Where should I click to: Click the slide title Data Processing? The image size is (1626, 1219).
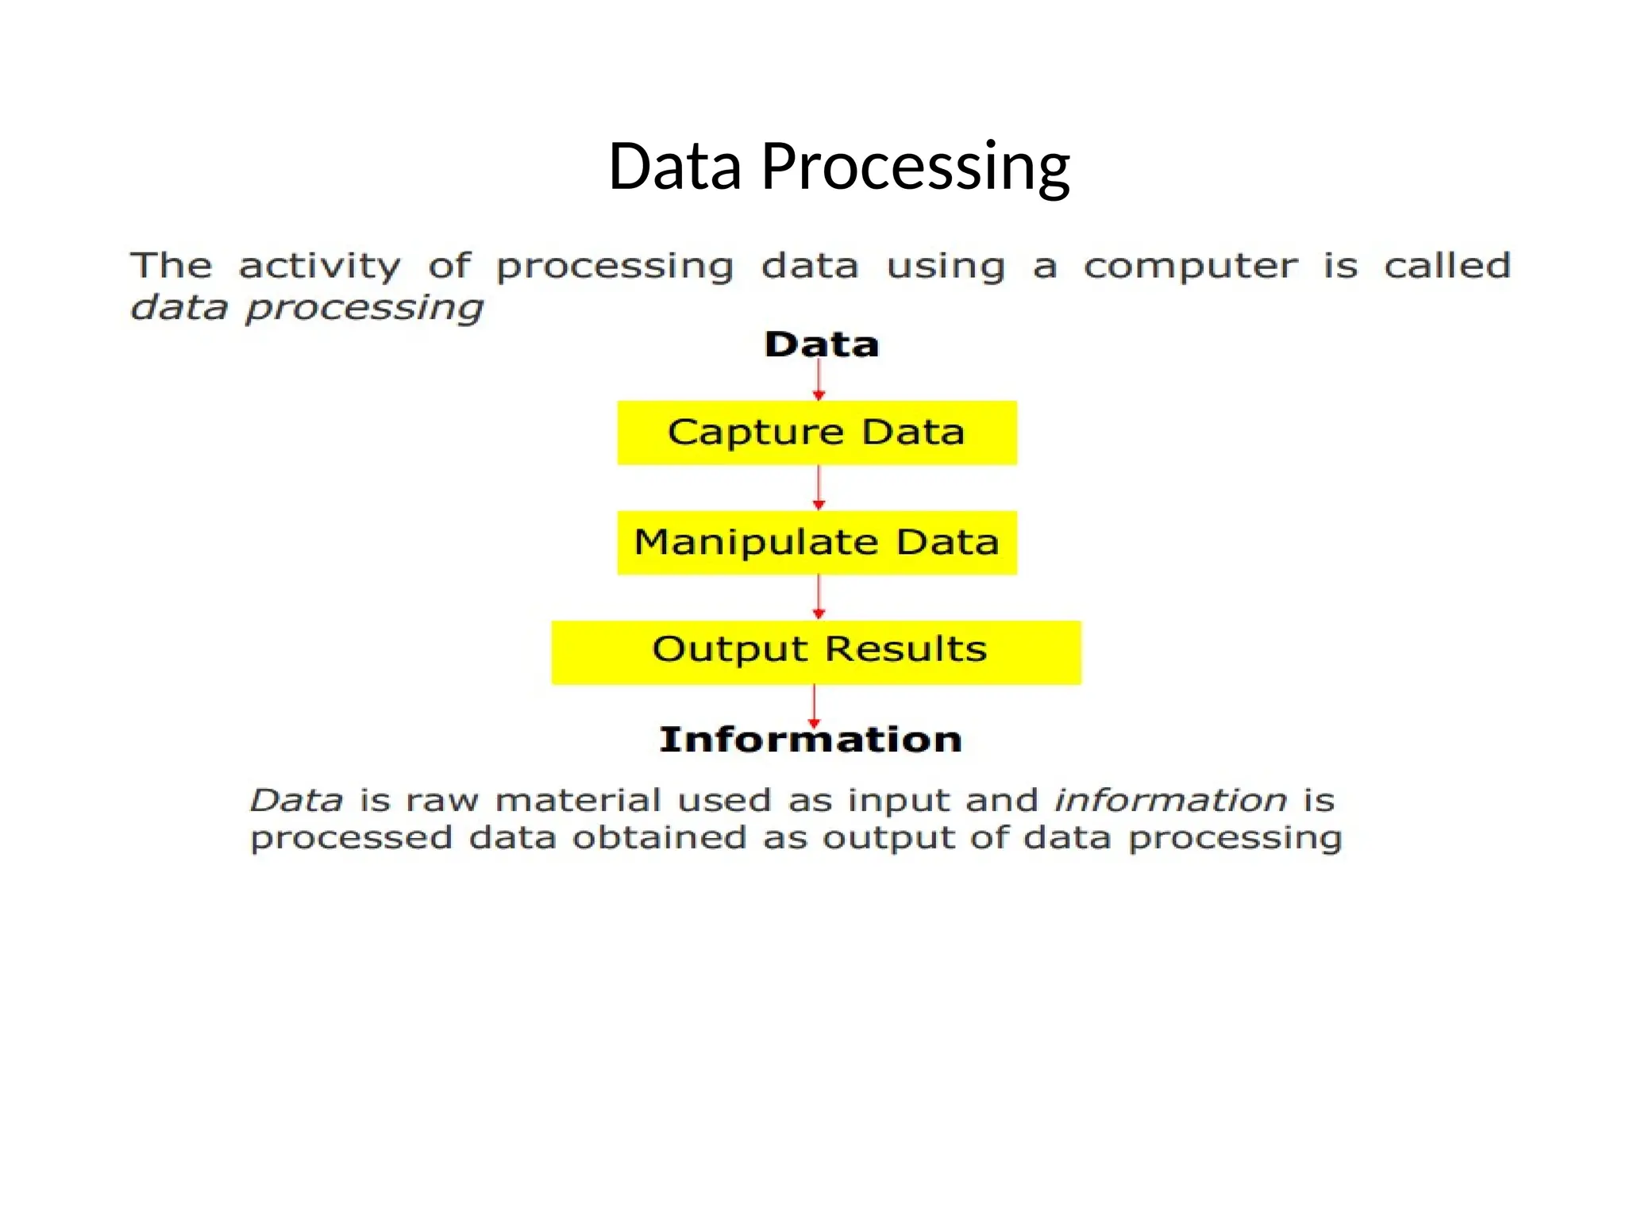tap(838, 167)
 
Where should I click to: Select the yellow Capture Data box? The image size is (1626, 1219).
tap(816, 433)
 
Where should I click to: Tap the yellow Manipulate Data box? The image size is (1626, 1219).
tap(816, 543)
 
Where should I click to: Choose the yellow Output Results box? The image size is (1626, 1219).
tap(816, 652)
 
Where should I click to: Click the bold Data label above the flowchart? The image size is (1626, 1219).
tap(821, 344)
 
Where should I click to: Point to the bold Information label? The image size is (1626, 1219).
tap(810, 740)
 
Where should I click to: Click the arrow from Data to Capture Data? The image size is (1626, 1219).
tap(819, 381)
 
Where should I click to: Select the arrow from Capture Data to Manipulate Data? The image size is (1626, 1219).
tap(819, 487)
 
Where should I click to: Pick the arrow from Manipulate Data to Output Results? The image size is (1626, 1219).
tap(819, 597)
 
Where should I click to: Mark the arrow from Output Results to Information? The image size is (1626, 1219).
tap(814, 705)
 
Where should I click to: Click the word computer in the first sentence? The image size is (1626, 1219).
tap(1191, 267)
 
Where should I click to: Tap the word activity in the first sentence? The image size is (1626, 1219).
tap(319, 267)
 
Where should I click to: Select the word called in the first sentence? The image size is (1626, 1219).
tap(1447, 265)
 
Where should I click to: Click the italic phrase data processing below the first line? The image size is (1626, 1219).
tap(306, 308)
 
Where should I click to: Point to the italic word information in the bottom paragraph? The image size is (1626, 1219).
tap(1170, 800)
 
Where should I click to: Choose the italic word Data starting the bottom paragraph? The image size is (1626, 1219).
tap(297, 800)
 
